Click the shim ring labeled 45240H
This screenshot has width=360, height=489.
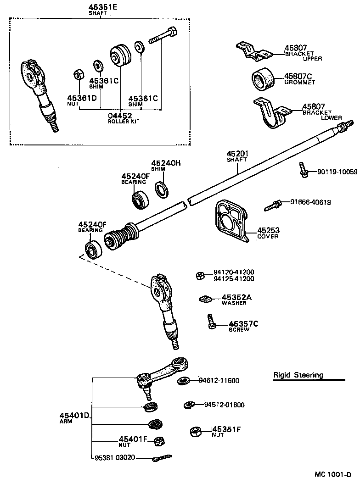(161, 189)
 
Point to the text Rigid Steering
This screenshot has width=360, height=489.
(298, 375)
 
